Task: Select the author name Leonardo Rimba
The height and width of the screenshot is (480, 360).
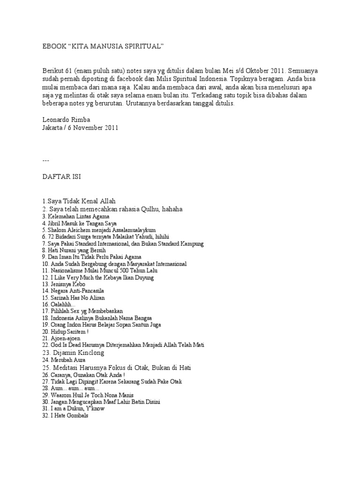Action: pyautogui.click(x=66, y=120)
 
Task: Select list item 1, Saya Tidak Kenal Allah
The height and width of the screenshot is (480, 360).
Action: pyautogui.click(x=79, y=201)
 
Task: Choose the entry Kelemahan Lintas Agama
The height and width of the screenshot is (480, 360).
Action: pyautogui.click(x=75, y=217)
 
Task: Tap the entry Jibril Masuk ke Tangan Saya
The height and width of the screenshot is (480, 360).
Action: pyautogui.click(x=79, y=224)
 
